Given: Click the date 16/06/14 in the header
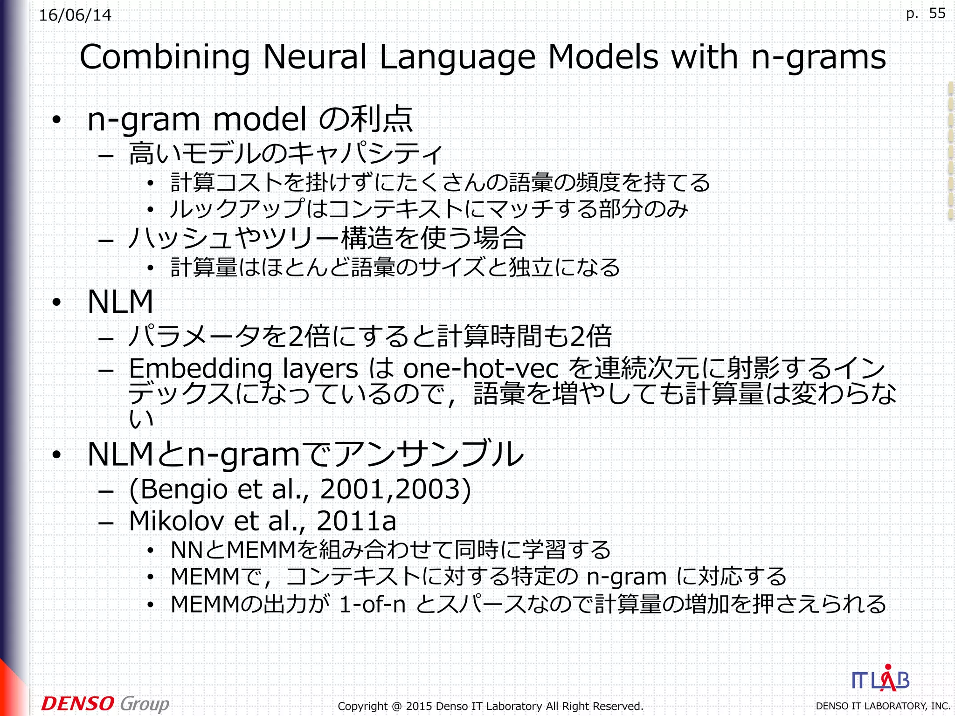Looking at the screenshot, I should (x=75, y=15).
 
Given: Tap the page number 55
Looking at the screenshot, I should (x=937, y=14).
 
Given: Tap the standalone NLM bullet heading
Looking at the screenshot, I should (x=120, y=302).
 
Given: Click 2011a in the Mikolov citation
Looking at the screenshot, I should (x=356, y=521).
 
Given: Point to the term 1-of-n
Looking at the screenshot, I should (x=372, y=605).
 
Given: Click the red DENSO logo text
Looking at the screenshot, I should (x=77, y=703).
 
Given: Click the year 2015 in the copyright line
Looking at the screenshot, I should (x=419, y=706).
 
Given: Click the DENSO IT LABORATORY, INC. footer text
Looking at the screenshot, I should (x=883, y=706).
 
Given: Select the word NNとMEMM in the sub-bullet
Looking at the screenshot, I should (x=233, y=550).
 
